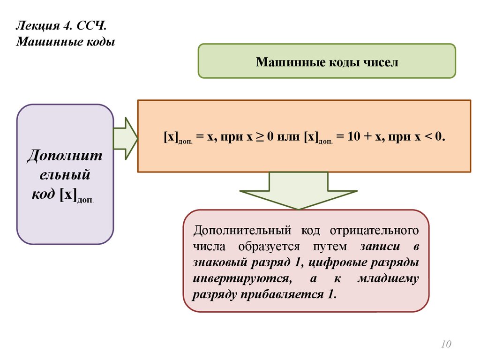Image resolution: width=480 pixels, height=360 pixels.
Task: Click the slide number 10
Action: click(446, 345)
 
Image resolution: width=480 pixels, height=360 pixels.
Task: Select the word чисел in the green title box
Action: click(380, 62)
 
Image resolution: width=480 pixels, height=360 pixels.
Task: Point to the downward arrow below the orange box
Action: click(298, 190)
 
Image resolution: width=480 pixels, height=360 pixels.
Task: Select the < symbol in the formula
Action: click(429, 137)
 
